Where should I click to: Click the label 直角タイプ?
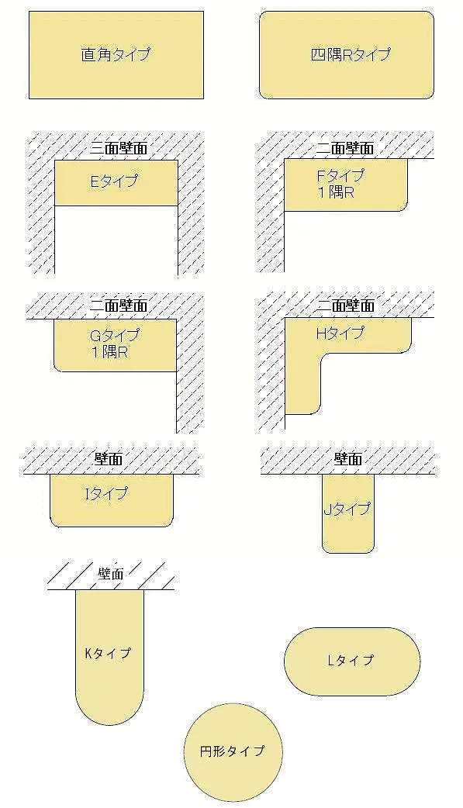[x=116, y=54]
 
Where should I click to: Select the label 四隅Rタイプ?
[x=351, y=54]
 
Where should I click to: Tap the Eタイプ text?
[x=115, y=181]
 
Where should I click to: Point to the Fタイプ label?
[x=340, y=175]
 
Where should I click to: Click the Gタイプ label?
[x=114, y=336]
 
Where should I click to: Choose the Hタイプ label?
[x=340, y=333]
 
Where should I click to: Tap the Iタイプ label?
[x=106, y=494]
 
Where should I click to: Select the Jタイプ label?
[x=347, y=509]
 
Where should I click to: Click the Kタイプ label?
[x=108, y=653]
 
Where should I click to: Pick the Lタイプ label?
[x=351, y=660]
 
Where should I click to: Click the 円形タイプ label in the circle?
[x=232, y=751]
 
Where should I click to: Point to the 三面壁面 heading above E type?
[x=119, y=148]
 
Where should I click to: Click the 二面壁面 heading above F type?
[x=345, y=148]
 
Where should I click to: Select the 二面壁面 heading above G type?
[x=119, y=306]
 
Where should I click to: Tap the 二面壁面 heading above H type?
[x=345, y=306]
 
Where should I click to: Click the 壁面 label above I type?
[x=109, y=458]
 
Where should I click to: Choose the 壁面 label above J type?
[x=348, y=458]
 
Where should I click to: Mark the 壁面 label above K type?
[x=110, y=574]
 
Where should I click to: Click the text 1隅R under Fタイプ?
[x=336, y=193]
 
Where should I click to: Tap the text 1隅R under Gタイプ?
[x=109, y=353]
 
